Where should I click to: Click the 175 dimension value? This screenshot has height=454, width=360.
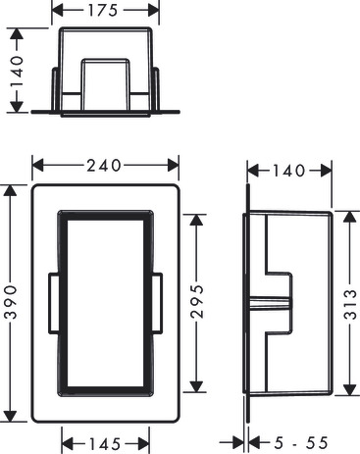click(103, 11)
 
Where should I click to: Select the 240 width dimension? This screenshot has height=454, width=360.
click(104, 166)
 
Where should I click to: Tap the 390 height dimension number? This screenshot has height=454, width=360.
click(12, 302)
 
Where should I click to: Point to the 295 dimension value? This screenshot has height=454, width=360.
click(197, 301)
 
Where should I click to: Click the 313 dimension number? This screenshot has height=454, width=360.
click(350, 304)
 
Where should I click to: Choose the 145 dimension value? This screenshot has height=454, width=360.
click(105, 444)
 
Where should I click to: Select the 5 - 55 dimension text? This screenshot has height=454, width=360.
click(301, 443)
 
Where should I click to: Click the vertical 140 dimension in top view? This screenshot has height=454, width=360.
click(17, 72)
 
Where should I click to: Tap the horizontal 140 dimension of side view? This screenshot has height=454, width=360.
click(289, 171)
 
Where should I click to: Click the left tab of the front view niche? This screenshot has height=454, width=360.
click(54, 303)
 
